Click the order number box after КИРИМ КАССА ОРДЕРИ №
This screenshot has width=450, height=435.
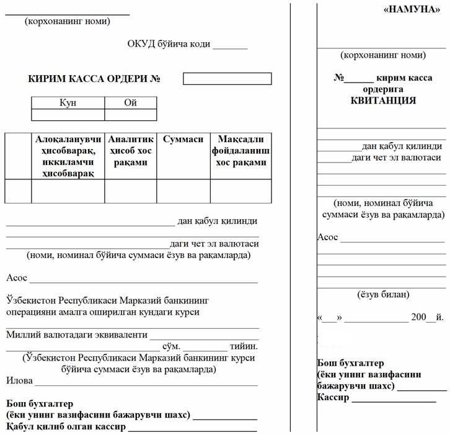227,79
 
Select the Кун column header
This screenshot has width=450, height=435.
68,103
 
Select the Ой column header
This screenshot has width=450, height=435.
130,103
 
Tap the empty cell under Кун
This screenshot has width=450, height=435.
68,115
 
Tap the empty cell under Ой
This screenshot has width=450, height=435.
130,115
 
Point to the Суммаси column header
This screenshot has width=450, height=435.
183,140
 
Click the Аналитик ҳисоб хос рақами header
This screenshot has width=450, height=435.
130,151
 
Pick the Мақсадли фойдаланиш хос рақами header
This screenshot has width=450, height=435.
240,151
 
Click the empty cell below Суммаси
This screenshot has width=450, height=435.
183,191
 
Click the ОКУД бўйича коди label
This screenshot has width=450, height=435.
169,45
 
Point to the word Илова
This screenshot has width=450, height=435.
19,380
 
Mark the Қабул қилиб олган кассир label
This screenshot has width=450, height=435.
66,427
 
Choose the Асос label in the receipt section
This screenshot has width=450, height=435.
327,237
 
